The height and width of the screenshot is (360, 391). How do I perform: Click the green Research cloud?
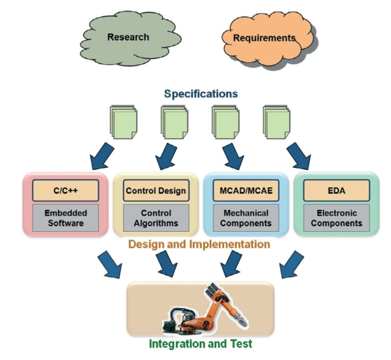pos(131,38)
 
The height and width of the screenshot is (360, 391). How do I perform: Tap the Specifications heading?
pos(200,94)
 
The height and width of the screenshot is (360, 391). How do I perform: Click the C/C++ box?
pos(65,191)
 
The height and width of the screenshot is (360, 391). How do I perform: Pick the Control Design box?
pos(156,191)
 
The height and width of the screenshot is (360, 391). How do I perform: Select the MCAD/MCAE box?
pos(246,191)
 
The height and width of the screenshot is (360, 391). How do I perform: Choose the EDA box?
pos(336,191)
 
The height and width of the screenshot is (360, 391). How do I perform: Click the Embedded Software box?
pos(65,218)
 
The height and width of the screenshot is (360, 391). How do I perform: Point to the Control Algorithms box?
pos(156,218)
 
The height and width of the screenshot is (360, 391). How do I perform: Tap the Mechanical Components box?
pos(246,218)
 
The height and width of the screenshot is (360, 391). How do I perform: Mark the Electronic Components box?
pos(336,218)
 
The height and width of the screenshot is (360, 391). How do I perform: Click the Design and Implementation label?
pos(199,244)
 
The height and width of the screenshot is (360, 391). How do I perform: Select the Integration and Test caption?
pos(200,344)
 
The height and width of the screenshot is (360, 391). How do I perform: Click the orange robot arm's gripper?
pos(241,320)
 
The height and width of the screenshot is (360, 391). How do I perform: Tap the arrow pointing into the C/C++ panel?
pos(102,157)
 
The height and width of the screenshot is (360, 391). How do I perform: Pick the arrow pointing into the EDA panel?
pos(299,157)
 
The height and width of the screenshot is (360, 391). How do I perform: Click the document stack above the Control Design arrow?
pos(174,122)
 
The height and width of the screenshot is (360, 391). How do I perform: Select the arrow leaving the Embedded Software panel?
pos(109,265)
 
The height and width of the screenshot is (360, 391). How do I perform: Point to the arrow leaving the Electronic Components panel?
pos(291,265)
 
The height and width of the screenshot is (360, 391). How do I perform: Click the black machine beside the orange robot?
pos(178,320)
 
